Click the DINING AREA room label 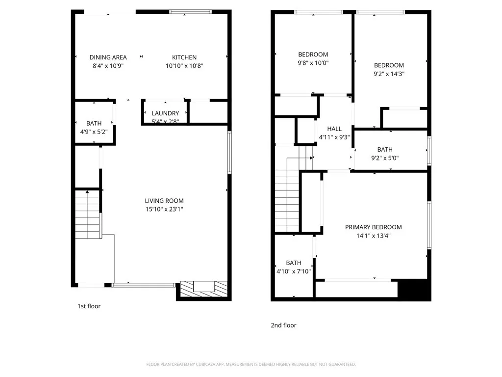pos(108,57)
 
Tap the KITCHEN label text pos(184,57)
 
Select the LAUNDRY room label pos(165,113)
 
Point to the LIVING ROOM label pos(164,201)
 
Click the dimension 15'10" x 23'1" pos(164,210)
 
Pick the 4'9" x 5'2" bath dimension pos(94,132)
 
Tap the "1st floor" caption pos(89,306)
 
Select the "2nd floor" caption pos(283,325)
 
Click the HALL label pos(334,129)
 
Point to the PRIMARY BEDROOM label pos(373,227)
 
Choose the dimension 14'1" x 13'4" pos(373,236)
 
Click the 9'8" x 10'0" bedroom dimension pos(313,63)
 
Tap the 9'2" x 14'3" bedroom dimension pos(389,74)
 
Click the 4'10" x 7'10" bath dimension pos(294,271)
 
